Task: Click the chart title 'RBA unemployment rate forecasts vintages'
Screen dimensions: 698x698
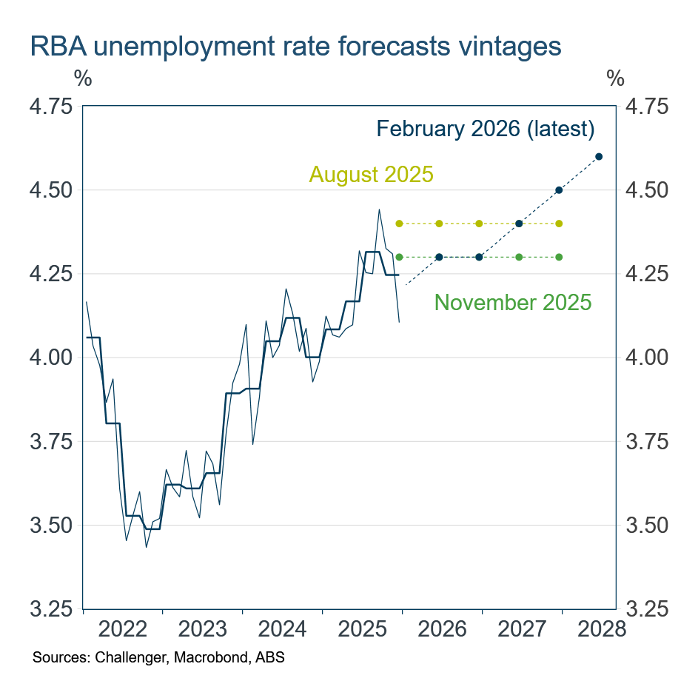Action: click(295, 46)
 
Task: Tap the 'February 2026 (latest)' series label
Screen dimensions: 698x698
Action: click(486, 129)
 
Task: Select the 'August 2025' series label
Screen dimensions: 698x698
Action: click(371, 175)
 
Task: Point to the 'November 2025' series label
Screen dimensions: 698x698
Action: click(513, 302)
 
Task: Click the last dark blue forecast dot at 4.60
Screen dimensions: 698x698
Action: click(599, 156)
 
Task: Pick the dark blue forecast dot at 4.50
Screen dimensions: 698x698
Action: click(559, 190)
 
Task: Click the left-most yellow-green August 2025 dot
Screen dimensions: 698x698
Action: click(399, 224)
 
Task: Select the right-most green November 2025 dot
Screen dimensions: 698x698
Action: click(559, 257)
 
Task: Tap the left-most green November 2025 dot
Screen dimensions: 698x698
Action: click(399, 257)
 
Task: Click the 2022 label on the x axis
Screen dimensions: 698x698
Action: click(123, 630)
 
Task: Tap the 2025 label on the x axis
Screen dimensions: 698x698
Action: click(363, 630)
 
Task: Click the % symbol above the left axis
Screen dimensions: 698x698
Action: click(83, 78)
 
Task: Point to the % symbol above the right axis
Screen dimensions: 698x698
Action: click(615, 78)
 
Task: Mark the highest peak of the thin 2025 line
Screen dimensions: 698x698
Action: click(379, 209)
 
